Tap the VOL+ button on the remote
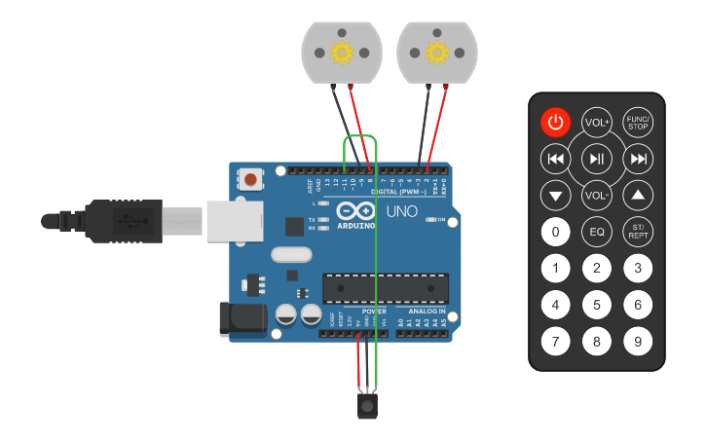(596, 123)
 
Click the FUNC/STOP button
(638, 123)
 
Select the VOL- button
(596, 195)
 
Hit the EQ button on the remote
(596, 232)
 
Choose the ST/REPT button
(638, 232)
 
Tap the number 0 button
(555, 232)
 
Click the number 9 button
(638, 342)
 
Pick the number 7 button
(555, 342)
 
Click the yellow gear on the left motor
(342, 53)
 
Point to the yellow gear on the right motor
(436, 53)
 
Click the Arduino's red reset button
(251, 179)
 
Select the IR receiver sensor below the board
(366, 403)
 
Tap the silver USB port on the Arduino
(230, 220)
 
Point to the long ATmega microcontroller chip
(387, 288)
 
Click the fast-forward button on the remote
(638, 159)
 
